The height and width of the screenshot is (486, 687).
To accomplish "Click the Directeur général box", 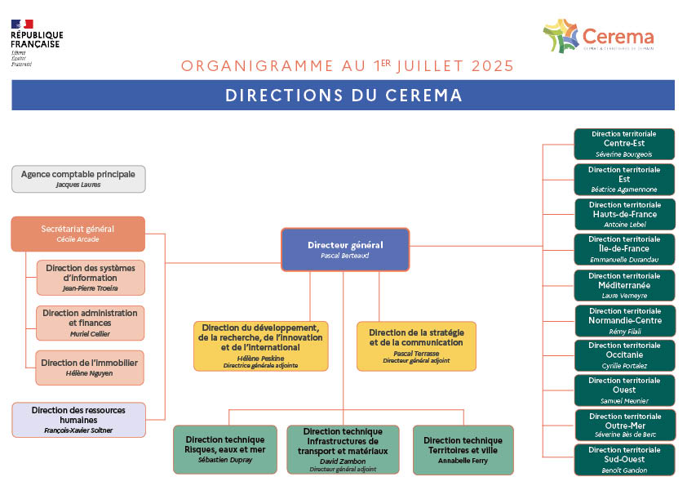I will (345, 249).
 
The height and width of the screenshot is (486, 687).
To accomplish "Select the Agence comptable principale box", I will (78, 179).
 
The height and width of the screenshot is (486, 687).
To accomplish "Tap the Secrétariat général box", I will (78, 234).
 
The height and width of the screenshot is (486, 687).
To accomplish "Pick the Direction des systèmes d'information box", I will (91, 278).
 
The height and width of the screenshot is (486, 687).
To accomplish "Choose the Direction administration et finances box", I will (91, 323).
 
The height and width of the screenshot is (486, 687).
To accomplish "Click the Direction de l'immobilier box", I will (90, 368).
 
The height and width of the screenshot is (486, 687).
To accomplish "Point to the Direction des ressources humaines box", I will (79, 420).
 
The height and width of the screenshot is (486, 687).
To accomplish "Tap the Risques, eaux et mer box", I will (226, 449).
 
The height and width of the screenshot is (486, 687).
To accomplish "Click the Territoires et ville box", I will (463, 449).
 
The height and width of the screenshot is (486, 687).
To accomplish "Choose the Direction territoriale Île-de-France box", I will (624, 249).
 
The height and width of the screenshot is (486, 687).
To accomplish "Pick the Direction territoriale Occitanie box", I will (624, 355).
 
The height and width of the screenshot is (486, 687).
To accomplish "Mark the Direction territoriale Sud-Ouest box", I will (624, 460).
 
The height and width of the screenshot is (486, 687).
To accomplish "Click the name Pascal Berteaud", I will (345, 256).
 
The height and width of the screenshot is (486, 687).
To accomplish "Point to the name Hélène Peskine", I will (261, 359).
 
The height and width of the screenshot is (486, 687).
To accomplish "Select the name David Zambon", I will (343, 461).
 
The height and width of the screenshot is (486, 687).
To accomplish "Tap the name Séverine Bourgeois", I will (624, 154).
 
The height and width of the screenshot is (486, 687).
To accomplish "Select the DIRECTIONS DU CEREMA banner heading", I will (343, 96).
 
